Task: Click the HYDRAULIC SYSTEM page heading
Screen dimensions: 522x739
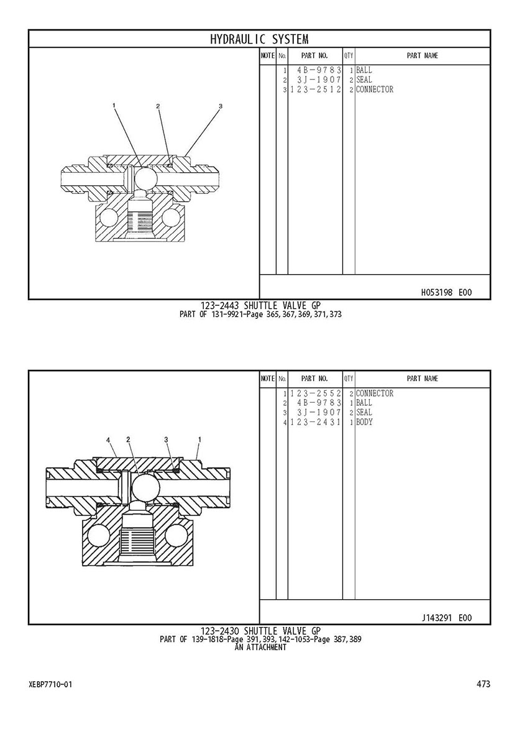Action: click(259, 39)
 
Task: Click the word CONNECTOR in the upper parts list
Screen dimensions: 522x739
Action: click(375, 90)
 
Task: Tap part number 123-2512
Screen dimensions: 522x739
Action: click(316, 90)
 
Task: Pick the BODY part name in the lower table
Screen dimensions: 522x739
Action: click(364, 422)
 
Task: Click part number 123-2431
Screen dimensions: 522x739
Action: click(316, 422)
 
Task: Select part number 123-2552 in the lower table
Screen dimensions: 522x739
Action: click(316, 393)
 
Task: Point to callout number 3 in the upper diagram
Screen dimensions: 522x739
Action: click(220, 106)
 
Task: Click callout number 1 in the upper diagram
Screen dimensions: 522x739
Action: click(114, 105)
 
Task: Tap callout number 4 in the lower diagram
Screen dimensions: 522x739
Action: click(108, 440)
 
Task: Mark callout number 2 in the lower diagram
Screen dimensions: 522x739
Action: click(128, 439)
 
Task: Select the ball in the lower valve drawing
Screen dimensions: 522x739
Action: click(145, 488)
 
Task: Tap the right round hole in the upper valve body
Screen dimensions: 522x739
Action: click(171, 218)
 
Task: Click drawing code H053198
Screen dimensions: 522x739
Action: click(437, 293)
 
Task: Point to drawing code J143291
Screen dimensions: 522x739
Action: click(437, 618)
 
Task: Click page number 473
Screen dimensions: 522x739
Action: click(483, 684)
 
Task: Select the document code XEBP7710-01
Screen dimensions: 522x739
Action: click(50, 684)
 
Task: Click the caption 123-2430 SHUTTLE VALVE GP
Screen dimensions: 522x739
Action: click(260, 631)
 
